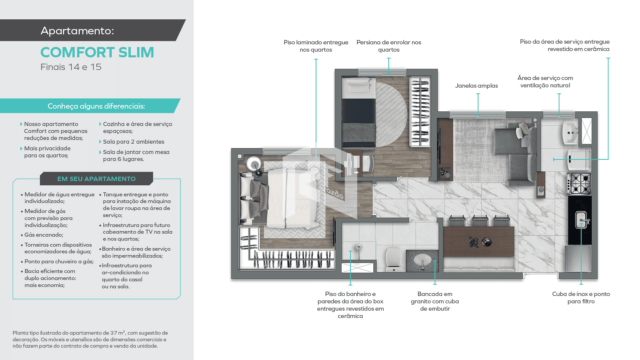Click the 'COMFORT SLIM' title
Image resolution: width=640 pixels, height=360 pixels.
[97, 52]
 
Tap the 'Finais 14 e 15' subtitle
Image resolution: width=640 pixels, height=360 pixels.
[71, 67]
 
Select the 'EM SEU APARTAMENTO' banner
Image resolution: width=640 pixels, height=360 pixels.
[96, 179]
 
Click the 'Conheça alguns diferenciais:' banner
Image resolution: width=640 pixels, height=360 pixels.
[96, 106]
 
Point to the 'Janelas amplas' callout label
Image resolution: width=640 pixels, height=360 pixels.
[476, 86]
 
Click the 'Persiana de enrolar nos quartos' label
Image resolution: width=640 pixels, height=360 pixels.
[389, 46]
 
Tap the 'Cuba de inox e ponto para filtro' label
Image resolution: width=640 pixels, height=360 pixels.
[581, 297]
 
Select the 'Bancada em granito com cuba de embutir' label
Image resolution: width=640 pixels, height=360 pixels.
[435, 301]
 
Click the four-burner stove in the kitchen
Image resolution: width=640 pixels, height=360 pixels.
[580, 184]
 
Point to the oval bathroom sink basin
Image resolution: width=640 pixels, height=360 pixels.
[422, 259]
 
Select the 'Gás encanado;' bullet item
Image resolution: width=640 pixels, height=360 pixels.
[44, 235]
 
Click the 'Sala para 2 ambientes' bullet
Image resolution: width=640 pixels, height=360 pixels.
[133, 142]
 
